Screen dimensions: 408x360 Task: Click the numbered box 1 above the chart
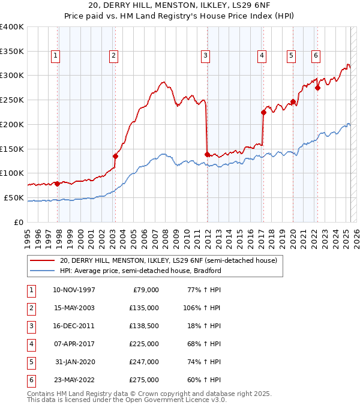click(55, 56)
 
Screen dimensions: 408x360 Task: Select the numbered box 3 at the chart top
click(205, 56)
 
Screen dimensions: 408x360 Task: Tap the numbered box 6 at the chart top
click(316, 56)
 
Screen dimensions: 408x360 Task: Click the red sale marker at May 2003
click(115, 156)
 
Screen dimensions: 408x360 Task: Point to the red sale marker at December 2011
click(207, 154)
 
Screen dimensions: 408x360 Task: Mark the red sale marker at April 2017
click(263, 112)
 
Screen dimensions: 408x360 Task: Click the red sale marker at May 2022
click(318, 88)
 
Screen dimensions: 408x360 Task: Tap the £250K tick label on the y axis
click(12, 100)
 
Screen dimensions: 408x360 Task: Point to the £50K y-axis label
click(14, 197)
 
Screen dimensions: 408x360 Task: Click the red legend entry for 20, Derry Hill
click(168, 260)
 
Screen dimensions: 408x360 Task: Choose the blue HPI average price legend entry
click(140, 271)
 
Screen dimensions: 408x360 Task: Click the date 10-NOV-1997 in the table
click(74, 290)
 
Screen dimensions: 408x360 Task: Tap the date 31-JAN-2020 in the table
click(75, 362)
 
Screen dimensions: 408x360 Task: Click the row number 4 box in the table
click(31, 344)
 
